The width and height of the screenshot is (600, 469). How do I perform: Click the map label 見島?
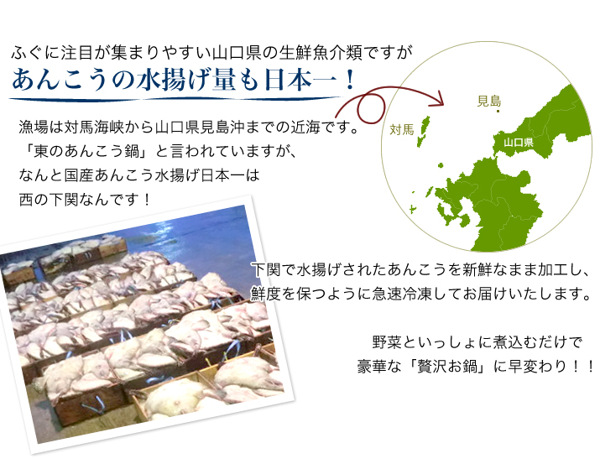pos(489,101)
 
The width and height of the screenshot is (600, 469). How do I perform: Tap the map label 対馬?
pos(402,130)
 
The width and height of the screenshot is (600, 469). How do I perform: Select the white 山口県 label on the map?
pos(519,143)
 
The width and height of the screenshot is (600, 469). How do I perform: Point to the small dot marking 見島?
pos(498,112)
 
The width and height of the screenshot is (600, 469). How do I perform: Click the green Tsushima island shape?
pos(424,131)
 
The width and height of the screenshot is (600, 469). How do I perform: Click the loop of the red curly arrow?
pos(371,108)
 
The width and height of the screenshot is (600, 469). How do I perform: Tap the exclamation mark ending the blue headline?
pos(349,80)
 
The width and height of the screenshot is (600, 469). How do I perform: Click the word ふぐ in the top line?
pos(27,53)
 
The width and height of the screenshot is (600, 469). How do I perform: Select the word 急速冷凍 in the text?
pos(402,294)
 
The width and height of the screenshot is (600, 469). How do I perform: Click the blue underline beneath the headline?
pos(175,100)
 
